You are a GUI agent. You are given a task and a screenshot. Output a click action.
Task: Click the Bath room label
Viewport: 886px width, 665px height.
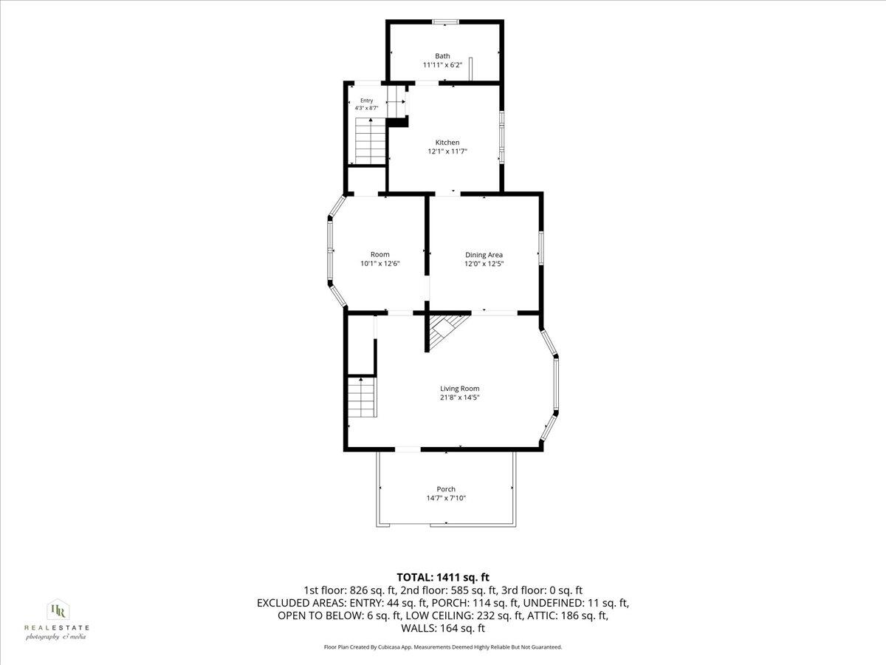click(442, 56)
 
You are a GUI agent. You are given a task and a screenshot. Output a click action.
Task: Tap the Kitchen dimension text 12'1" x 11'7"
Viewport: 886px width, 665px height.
click(447, 151)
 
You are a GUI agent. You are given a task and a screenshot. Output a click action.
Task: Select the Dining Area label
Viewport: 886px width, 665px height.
click(484, 255)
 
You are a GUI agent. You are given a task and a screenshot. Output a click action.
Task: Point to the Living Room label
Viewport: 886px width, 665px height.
click(460, 389)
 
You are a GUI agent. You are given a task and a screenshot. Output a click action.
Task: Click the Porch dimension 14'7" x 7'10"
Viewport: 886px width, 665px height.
click(446, 498)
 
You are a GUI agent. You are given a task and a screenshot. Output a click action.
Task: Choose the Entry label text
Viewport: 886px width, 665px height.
click(366, 100)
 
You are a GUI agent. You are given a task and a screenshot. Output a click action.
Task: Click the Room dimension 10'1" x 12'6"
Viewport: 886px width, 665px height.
click(380, 264)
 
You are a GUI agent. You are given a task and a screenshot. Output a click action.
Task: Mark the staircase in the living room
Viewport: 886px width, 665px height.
click(362, 398)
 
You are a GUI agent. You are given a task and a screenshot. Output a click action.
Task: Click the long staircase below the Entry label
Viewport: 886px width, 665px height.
click(370, 141)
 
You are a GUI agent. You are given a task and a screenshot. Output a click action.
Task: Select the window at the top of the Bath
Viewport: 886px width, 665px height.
click(446, 22)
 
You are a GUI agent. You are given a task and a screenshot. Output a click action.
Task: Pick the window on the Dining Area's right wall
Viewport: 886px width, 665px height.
click(541, 248)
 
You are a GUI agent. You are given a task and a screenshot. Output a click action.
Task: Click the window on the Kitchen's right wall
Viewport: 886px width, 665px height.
click(502, 137)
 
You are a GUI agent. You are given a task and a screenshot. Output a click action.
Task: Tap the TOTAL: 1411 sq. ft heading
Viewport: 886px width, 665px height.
click(443, 577)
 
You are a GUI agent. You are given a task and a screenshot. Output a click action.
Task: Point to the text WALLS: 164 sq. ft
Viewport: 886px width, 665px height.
click(443, 628)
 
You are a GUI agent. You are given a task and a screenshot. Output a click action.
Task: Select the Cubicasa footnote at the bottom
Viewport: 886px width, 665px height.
click(443, 647)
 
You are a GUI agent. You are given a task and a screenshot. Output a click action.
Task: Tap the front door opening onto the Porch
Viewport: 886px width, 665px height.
click(408, 449)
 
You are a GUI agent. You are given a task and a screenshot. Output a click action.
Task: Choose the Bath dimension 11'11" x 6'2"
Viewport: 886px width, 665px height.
click(442, 65)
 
